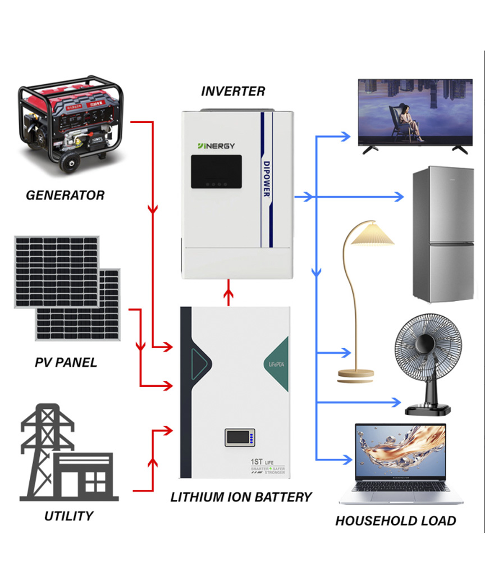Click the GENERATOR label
65,195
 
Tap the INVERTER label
233,91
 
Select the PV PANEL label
66,363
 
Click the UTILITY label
68,516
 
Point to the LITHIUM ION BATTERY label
241,497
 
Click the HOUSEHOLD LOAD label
395,521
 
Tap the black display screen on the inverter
216,171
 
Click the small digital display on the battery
240,437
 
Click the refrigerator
443,234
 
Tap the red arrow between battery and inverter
228,293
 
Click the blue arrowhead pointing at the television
345,136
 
